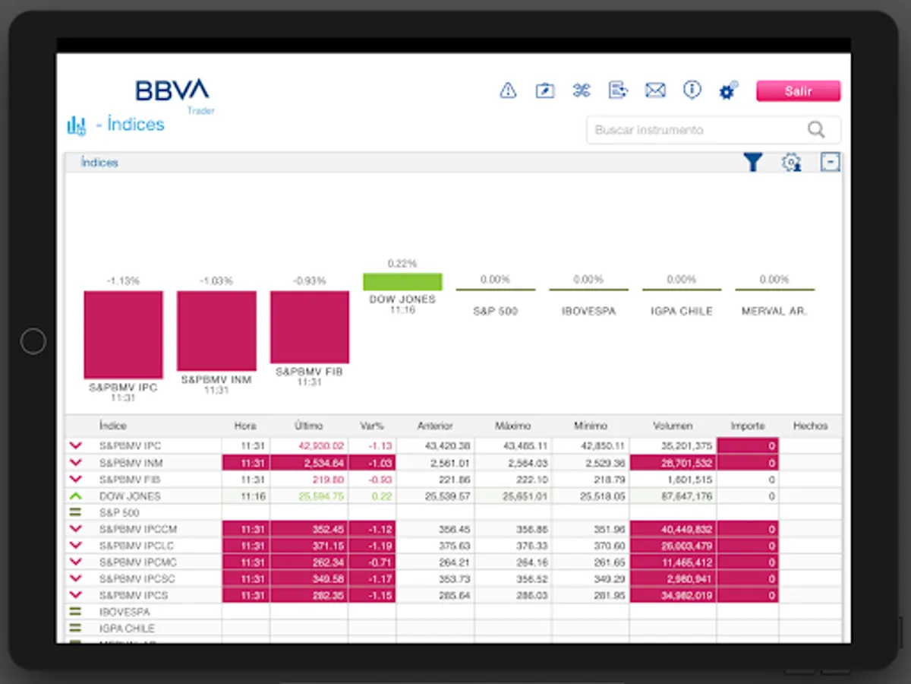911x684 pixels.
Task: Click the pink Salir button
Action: (x=798, y=91)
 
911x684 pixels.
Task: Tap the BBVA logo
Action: (x=172, y=90)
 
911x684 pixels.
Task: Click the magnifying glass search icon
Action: (x=816, y=130)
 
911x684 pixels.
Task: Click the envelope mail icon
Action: (x=655, y=90)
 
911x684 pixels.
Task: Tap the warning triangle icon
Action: (x=508, y=90)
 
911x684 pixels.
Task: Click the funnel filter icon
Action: (x=752, y=162)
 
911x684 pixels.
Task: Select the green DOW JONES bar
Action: (x=402, y=282)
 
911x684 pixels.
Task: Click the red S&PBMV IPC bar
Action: (x=123, y=334)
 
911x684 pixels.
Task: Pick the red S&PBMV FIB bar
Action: (x=310, y=327)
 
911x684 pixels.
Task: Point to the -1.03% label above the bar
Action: (x=216, y=281)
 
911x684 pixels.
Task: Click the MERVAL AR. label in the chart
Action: (x=774, y=312)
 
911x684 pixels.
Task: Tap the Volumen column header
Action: (x=672, y=426)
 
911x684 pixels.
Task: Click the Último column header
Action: (x=309, y=426)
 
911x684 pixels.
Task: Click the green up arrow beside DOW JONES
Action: (x=75, y=496)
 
